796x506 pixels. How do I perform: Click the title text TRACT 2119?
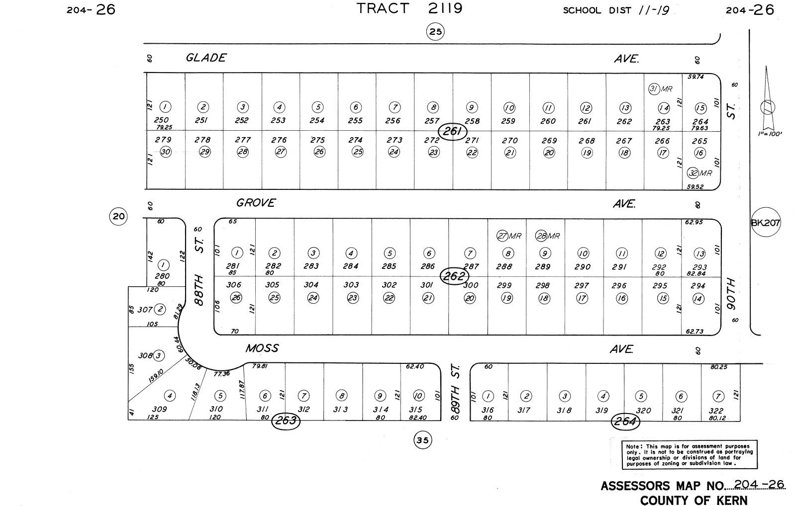[x=409, y=8]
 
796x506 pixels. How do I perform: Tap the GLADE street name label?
[x=205, y=58]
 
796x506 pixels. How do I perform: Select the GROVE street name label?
[x=256, y=203]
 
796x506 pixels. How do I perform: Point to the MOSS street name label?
[x=262, y=348]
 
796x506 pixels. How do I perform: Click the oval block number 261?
[x=453, y=132]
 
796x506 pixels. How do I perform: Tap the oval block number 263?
[x=286, y=421]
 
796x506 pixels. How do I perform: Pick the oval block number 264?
[x=625, y=422]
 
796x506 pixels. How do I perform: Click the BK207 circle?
[x=766, y=222]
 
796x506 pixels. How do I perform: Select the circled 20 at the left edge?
[x=118, y=216]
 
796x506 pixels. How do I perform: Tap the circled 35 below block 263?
[x=422, y=440]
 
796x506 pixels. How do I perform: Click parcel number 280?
[x=162, y=276]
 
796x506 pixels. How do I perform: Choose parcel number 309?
[x=159, y=409]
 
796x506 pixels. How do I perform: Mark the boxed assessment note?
[x=690, y=454]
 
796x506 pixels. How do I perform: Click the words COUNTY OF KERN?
[x=694, y=500]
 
